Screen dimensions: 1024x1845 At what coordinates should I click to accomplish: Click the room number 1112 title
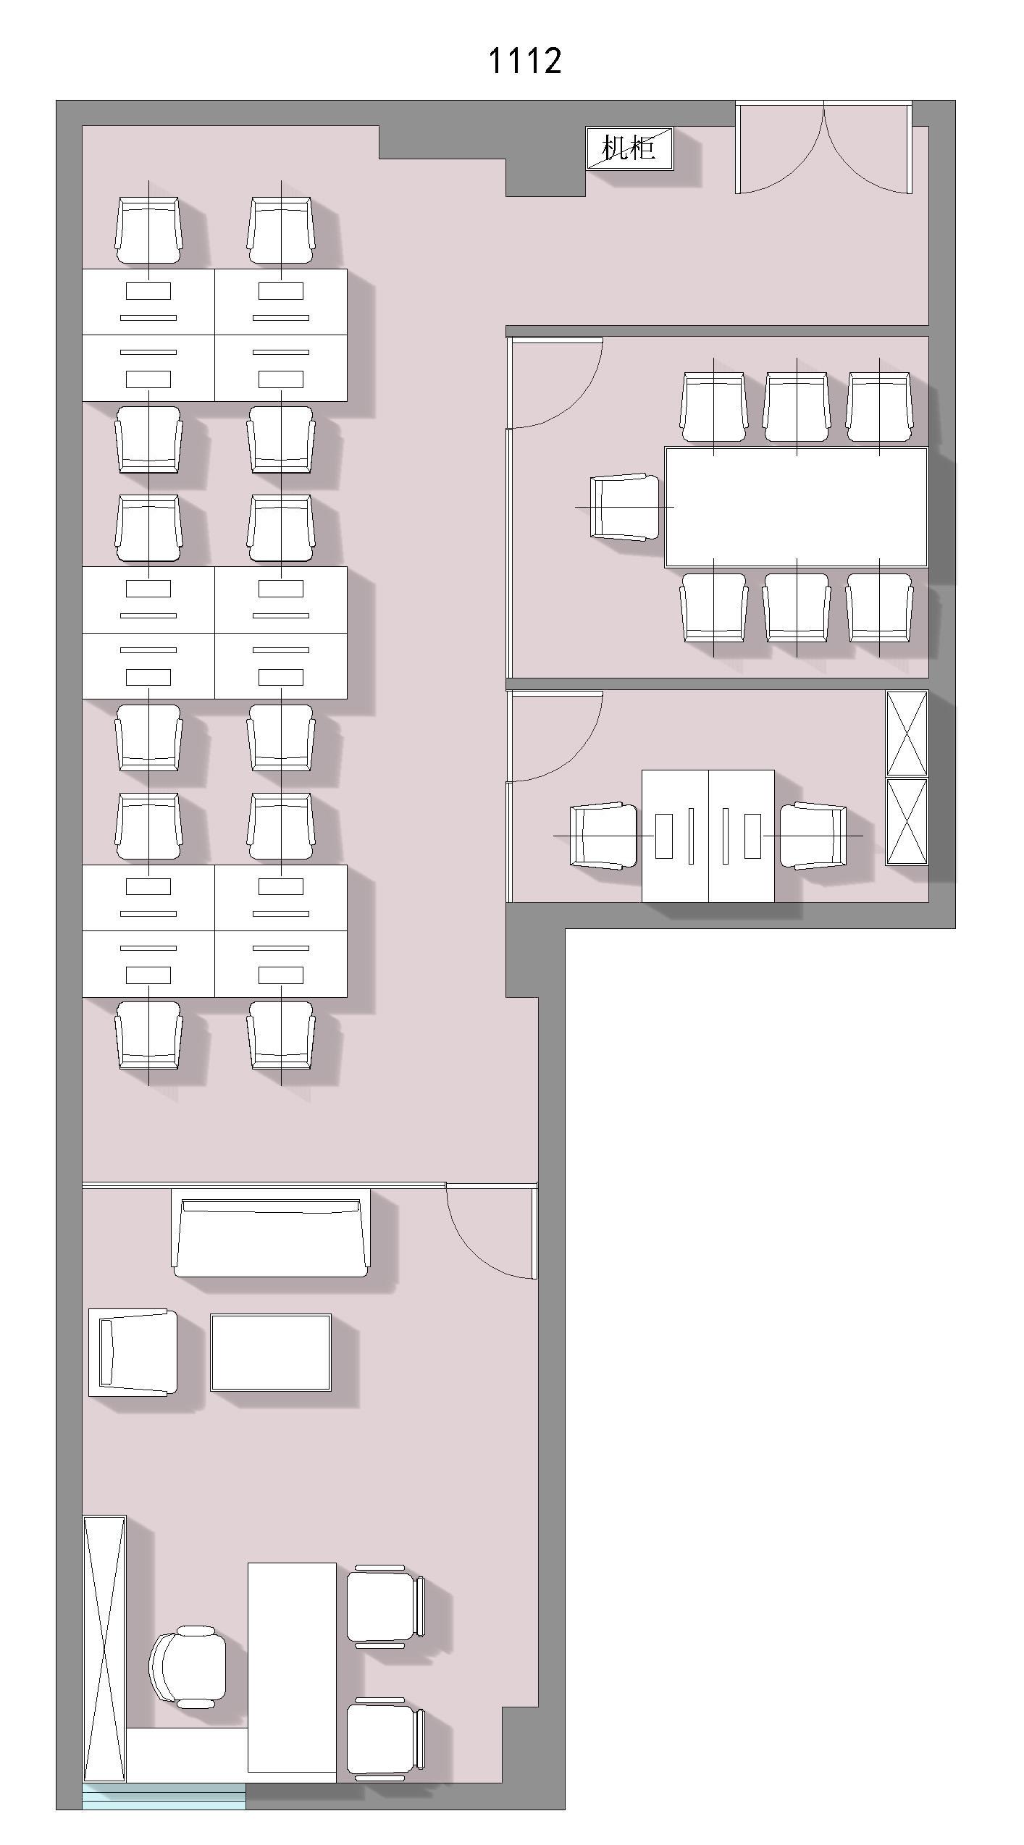tap(525, 61)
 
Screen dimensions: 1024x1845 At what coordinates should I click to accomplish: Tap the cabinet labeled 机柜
tap(629, 148)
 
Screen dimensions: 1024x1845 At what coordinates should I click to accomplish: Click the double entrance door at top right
tap(823, 148)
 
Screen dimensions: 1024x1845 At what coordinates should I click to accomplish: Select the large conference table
tap(796, 507)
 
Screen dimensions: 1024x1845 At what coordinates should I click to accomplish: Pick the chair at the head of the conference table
tap(624, 507)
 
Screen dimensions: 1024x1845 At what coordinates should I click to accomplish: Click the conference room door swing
tap(556, 383)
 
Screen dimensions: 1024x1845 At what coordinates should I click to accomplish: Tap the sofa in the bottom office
tap(271, 1232)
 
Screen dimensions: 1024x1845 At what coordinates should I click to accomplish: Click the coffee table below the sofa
tap(271, 1353)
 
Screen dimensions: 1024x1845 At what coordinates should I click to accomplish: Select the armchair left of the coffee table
tap(133, 1353)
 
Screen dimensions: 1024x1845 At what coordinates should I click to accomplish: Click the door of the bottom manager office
tap(492, 1230)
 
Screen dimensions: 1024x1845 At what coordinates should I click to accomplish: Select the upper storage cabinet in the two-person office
tap(907, 734)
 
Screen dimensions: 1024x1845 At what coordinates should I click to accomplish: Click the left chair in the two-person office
tap(604, 836)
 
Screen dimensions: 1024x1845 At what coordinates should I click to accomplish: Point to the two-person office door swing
tap(556, 737)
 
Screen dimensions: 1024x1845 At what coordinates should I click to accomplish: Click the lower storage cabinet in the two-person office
tap(907, 822)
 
